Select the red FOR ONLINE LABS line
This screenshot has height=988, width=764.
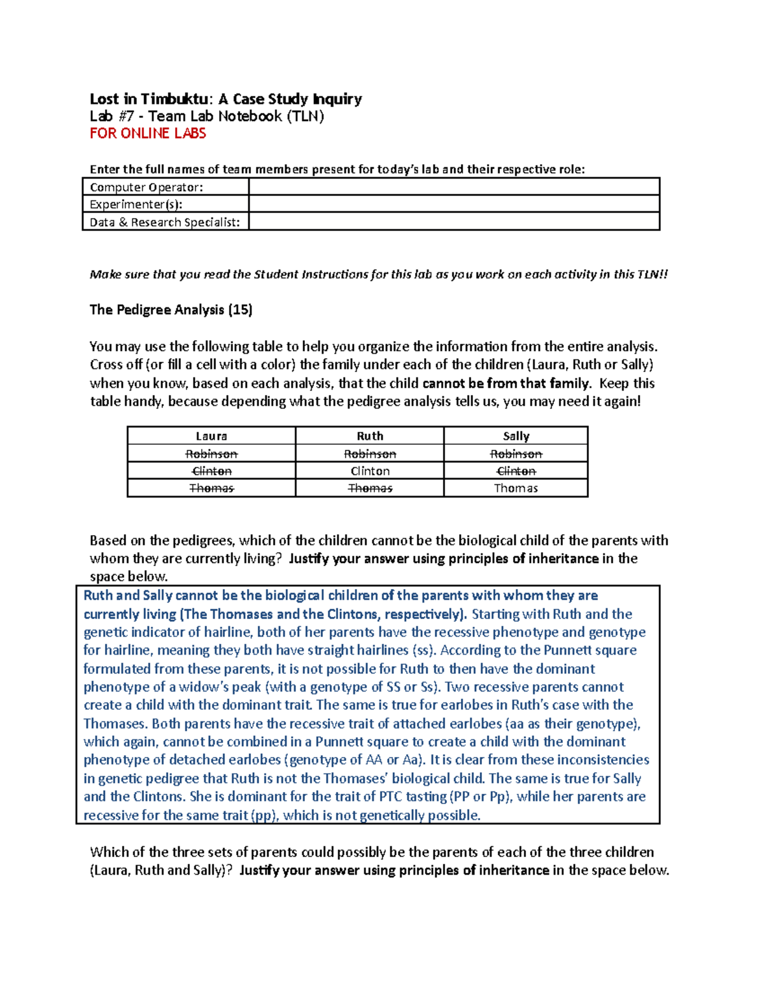(148, 133)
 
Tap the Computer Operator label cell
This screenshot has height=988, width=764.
(166, 187)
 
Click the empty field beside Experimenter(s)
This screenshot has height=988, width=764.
(453, 204)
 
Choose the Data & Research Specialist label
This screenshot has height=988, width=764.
(166, 222)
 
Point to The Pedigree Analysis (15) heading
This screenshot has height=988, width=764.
(171, 310)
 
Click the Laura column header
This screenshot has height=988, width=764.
(211, 436)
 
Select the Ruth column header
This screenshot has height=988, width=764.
(370, 436)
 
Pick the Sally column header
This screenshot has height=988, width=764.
(516, 436)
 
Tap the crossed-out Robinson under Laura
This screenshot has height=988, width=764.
(211, 454)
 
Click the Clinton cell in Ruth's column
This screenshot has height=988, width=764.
(370, 471)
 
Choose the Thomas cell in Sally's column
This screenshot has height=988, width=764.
(516, 488)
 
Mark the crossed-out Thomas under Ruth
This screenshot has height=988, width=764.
(370, 488)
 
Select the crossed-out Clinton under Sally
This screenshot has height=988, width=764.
(516, 471)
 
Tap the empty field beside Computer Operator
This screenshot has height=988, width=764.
(453, 186)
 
